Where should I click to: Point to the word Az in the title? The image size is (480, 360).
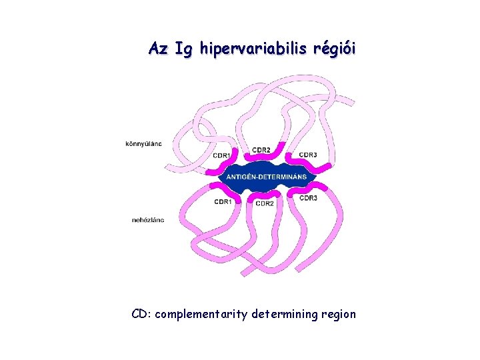tap(158, 49)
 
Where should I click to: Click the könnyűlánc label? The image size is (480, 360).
tap(143, 143)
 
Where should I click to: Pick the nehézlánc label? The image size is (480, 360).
tap(148, 219)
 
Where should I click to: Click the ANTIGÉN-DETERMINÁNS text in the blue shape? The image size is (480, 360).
tap(267, 177)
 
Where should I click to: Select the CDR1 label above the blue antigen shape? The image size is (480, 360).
tap(223, 155)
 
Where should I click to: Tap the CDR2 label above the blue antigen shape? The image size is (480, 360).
tap(261, 149)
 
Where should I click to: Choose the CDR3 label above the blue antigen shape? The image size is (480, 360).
tap(308, 155)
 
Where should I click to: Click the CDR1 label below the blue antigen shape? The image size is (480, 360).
tap(223, 201)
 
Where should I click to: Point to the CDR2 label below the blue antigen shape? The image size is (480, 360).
tap(265, 203)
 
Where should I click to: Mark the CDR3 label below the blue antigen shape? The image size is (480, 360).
tap(308, 198)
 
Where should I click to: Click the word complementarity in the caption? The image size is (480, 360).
tap(201, 314)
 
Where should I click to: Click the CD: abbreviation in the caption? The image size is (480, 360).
tap(141, 313)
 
